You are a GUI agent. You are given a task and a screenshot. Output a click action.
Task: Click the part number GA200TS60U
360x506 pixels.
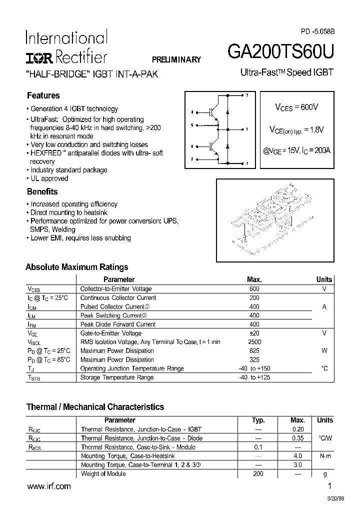pos(280,52)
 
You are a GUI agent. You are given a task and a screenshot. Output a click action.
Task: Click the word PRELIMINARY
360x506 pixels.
pos(176,59)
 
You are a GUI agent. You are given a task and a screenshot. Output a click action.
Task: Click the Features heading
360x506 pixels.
pos(43,95)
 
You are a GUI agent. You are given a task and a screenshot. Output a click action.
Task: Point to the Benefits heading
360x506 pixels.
pos(42,191)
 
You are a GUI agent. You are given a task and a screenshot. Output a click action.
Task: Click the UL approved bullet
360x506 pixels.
pos(49,178)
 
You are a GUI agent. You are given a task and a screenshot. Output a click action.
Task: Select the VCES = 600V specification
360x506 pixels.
pos(296,107)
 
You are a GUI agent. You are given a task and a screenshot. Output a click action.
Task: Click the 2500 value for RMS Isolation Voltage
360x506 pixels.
pos(254,342)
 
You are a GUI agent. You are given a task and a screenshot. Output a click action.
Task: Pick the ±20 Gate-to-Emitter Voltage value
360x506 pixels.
pos(254,333)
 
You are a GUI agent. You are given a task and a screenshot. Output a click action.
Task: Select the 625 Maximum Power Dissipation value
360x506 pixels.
pos(254,351)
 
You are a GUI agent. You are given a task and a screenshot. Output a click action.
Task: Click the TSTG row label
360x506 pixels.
pos(34,378)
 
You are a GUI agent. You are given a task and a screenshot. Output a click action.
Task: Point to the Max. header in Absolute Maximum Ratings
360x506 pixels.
pos(254,279)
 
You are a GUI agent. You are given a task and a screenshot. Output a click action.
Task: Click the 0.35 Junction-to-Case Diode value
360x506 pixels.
pos(297,438)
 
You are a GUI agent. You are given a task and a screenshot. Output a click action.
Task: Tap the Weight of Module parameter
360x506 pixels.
pos(103,474)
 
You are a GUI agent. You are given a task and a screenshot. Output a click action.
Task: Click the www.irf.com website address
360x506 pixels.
pos(48,486)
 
